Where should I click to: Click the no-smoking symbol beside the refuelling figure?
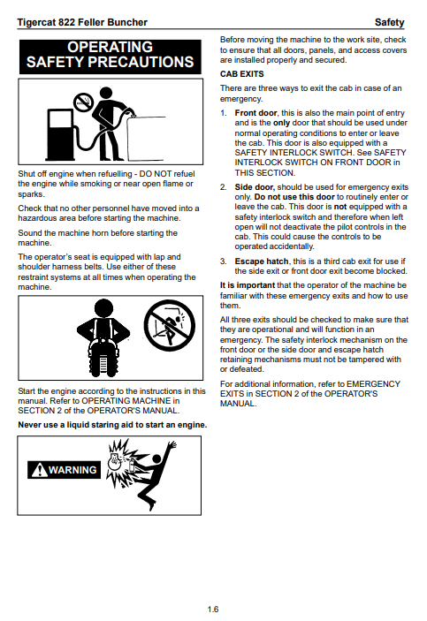pos(83,102)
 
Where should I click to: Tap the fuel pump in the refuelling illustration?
pos(60,133)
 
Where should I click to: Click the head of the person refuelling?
pos(105,93)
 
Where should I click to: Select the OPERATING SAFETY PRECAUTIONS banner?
pos(111,57)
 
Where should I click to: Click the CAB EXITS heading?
pos(242,74)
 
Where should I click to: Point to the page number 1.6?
pos(213,610)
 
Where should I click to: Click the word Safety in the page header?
pos(389,22)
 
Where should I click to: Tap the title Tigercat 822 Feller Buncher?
pos(82,22)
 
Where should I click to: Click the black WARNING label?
pos(64,470)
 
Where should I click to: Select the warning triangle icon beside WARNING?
pos(39,470)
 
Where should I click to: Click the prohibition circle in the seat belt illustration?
pos(169,325)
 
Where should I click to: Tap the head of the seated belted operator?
pos(103,307)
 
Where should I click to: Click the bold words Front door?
pos(255,113)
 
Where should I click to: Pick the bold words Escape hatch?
pos(262,261)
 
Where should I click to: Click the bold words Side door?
pos(255,187)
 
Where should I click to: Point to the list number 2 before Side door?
pos(223,187)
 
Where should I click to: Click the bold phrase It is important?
pos(248,285)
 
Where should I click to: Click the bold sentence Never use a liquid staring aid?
pos(112,425)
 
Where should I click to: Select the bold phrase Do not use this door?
pos(294,197)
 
